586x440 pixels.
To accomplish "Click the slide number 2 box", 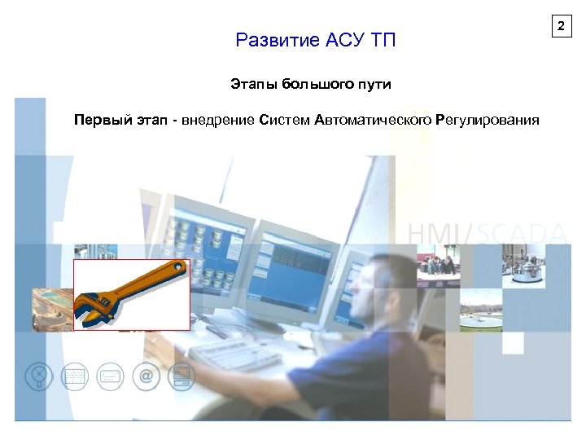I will (x=560, y=28).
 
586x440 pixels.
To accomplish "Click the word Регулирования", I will (x=488, y=121).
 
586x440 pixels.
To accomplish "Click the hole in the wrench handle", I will (x=176, y=269).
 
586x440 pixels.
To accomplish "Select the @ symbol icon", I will (x=146, y=376).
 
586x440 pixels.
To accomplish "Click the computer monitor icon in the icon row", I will (x=182, y=376).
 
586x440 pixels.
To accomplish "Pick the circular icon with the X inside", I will (x=37, y=376).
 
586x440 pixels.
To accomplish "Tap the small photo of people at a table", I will (x=439, y=266).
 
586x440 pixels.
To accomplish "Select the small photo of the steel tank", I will (x=523, y=266).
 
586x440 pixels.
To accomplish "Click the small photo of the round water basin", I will (x=480, y=315).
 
